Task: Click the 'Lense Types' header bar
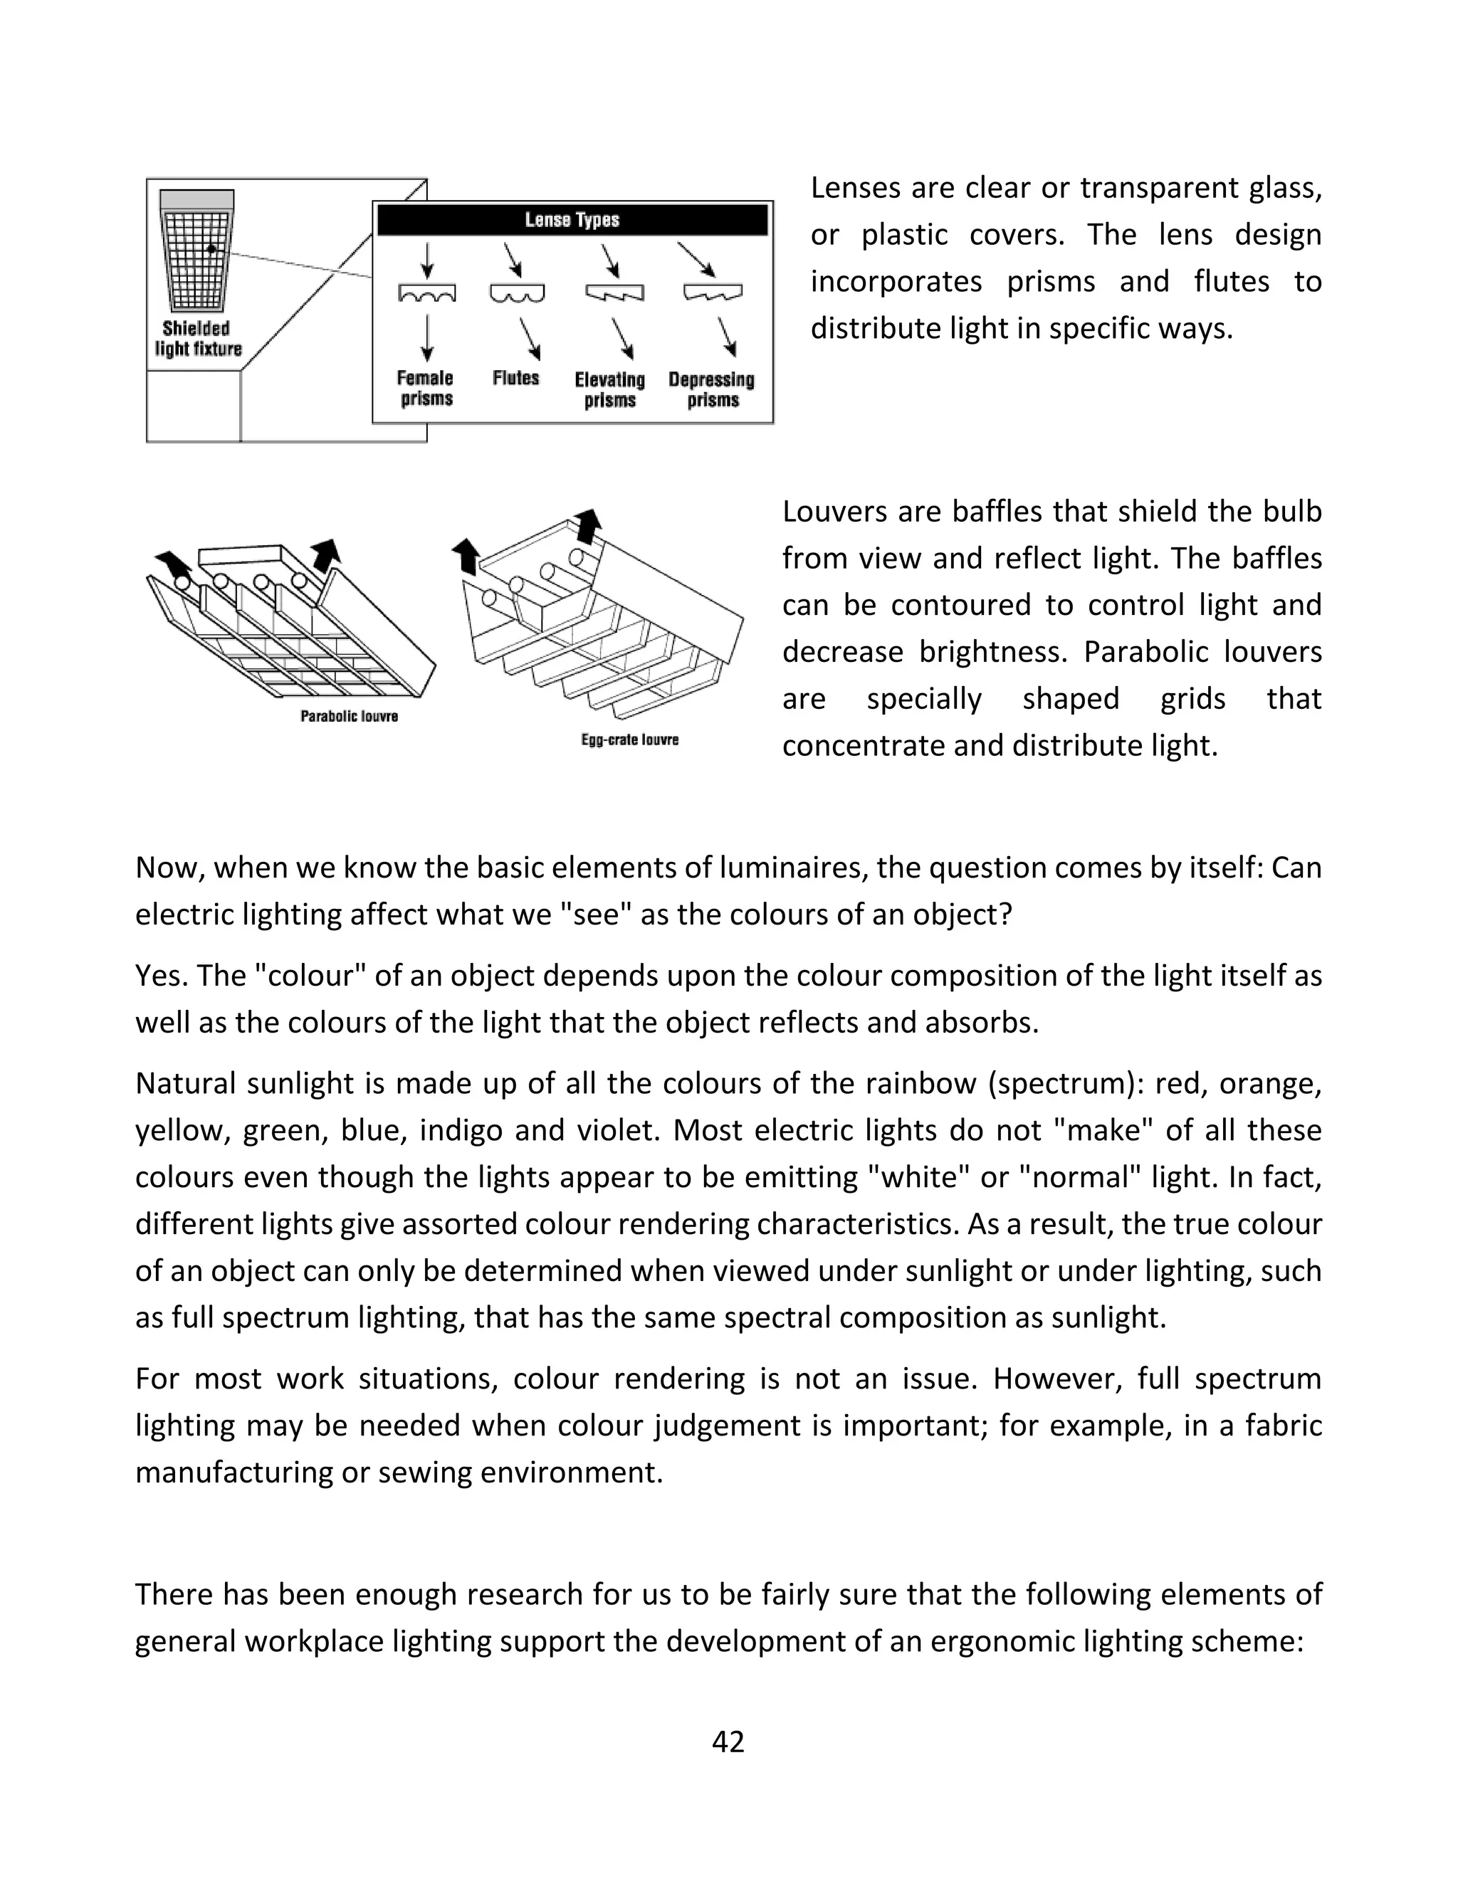click(572, 220)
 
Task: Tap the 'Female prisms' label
click(425, 388)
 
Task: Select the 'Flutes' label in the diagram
click(515, 378)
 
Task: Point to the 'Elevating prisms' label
click(610, 389)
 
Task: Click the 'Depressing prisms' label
click(712, 389)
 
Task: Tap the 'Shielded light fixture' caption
click(198, 339)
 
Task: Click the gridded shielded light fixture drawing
click(198, 251)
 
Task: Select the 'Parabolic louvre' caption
click(349, 716)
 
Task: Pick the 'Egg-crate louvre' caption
click(629, 739)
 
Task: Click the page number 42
click(728, 1742)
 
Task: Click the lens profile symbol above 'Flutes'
click(518, 294)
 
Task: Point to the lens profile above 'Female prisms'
click(426, 294)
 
